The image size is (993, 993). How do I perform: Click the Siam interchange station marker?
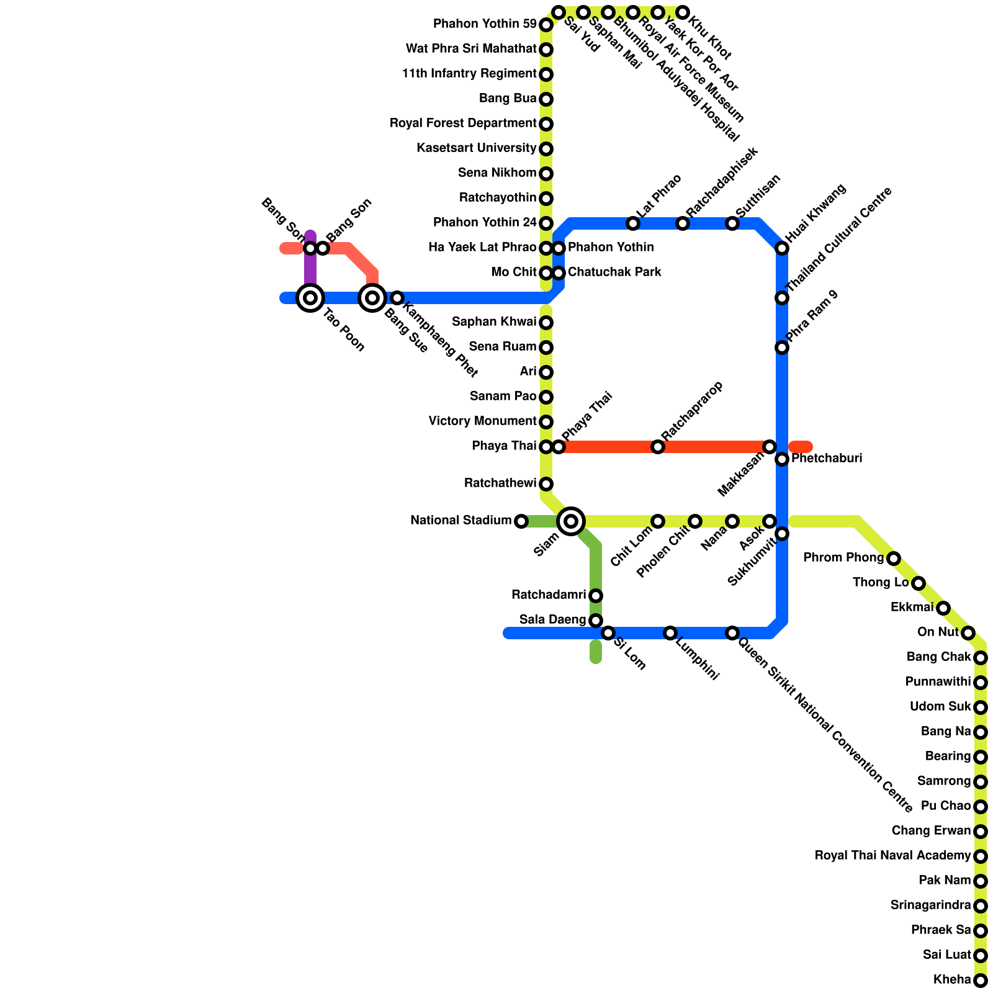point(571,521)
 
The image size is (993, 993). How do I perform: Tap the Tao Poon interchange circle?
point(310,298)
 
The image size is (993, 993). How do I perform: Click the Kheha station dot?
point(981,981)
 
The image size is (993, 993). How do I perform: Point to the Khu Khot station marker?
point(683,12)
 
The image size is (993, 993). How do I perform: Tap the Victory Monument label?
point(482,421)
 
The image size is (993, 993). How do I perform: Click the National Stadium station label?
point(461,521)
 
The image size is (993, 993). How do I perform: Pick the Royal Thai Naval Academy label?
point(892,856)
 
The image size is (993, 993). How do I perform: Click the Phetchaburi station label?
point(827,459)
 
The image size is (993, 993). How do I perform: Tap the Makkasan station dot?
point(770,447)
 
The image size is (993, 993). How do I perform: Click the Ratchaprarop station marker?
point(658,447)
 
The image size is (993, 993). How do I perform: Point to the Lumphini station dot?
point(670,633)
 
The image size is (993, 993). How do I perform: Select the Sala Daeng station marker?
point(596,621)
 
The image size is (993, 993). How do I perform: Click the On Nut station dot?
point(968,633)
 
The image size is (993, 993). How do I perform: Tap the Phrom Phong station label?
point(843,558)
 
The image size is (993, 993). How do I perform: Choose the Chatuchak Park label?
point(614,272)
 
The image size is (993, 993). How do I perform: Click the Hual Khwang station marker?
point(782,248)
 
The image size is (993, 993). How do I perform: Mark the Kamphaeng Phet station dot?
point(397,298)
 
